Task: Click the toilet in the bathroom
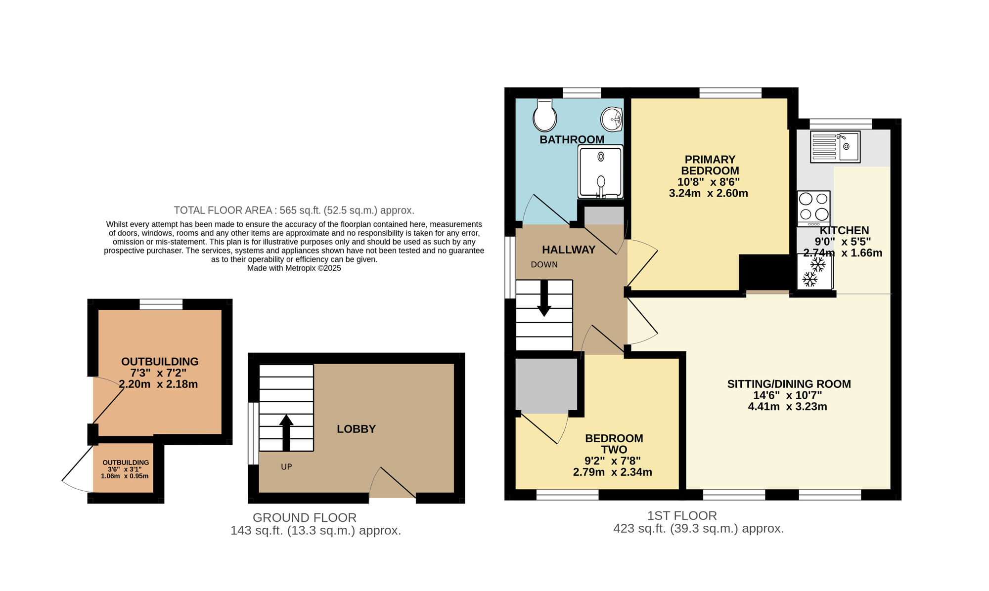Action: coord(544,116)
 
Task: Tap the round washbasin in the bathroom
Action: coord(612,119)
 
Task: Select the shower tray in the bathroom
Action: coord(600,172)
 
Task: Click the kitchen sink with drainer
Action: coord(835,147)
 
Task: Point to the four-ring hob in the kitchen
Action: coord(813,208)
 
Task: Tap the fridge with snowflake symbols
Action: coord(814,272)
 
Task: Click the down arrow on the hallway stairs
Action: coord(544,299)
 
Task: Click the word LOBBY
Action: coord(356,429)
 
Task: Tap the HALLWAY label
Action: coord(568,250)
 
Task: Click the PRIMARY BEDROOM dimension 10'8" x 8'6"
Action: coord(708,182)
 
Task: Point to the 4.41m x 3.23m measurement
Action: coord(787,407)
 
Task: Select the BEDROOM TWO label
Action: coord(614,444)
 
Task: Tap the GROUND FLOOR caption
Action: coord(304,517)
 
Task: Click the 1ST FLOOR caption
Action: coord(682,515)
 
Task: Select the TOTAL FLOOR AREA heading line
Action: coord(294,210)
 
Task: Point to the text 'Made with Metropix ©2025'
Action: coord(294,268)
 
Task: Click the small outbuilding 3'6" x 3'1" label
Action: coord(125,469)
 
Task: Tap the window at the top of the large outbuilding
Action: coord(161,304)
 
